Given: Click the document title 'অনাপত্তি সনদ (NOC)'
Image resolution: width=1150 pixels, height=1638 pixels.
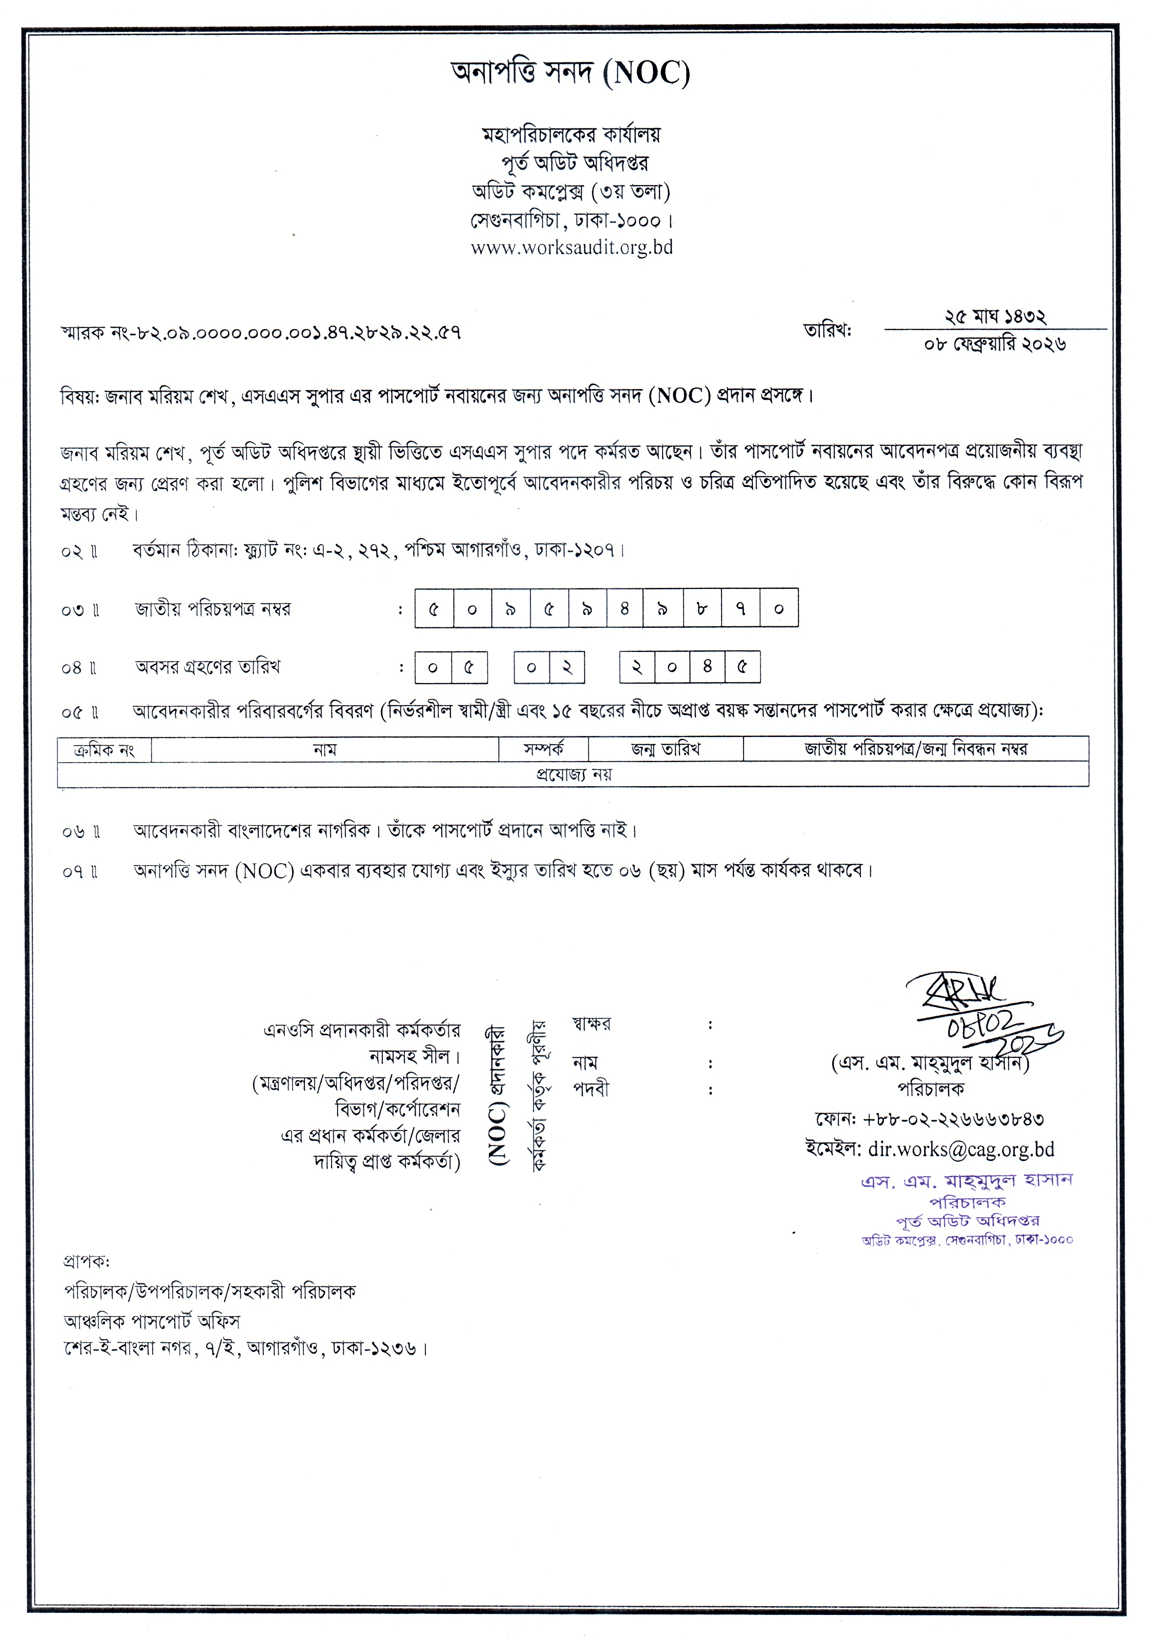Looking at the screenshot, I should coord(571,73).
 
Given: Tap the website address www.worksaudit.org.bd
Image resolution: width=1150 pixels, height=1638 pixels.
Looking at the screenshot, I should coord(571,248).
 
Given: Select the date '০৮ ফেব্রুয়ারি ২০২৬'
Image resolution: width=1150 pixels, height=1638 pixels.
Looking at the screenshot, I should coord(995,344).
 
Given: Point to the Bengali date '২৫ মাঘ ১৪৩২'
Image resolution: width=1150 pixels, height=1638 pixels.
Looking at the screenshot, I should coord(995,316).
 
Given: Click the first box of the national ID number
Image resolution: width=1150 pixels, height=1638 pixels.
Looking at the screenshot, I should coord(434,608).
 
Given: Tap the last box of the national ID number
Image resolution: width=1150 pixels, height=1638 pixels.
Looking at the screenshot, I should coord(778,608).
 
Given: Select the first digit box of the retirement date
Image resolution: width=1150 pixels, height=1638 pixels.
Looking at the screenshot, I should coord(433,668).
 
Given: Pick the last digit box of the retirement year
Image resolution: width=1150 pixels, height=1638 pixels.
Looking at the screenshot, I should coord(742,668).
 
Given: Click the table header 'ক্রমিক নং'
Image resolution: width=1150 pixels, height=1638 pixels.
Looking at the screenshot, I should coord(104,750).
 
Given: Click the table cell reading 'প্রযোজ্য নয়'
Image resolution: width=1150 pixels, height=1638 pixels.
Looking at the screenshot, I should coord(573,774).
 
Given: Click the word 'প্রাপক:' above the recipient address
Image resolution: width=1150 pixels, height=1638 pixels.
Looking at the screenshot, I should coord(86,1262).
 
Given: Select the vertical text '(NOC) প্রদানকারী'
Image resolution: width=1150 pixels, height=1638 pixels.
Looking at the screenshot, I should coord(497,1095).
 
